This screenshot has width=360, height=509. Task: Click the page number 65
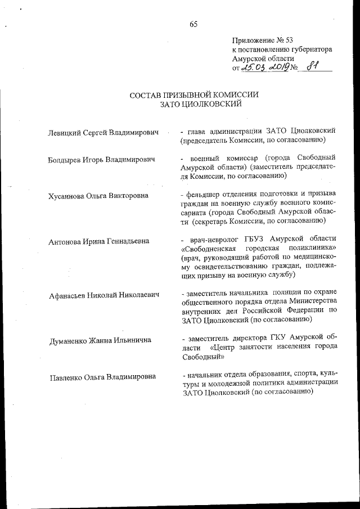[193, 24]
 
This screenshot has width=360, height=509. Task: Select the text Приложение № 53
[263, 40]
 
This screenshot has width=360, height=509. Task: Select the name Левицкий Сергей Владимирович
[104, 133]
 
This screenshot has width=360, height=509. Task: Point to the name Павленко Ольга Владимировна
[102, 376]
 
